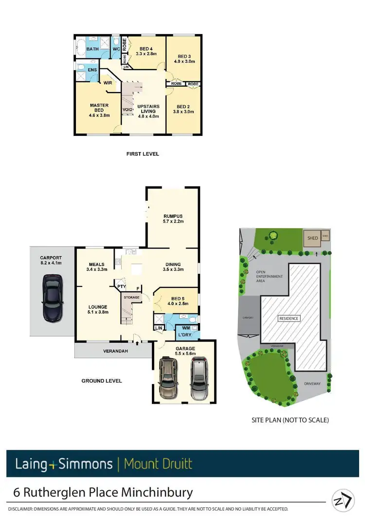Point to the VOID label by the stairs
click(128, 109)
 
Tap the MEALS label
click(97, 265)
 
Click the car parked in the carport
click(52, 298)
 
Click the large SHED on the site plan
click(312, 238)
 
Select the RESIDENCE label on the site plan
click(289, 318)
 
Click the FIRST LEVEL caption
click(142, 154)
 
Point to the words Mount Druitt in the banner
click(158, 463)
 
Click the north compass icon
click(343, 499)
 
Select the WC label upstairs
click(116, 49)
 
